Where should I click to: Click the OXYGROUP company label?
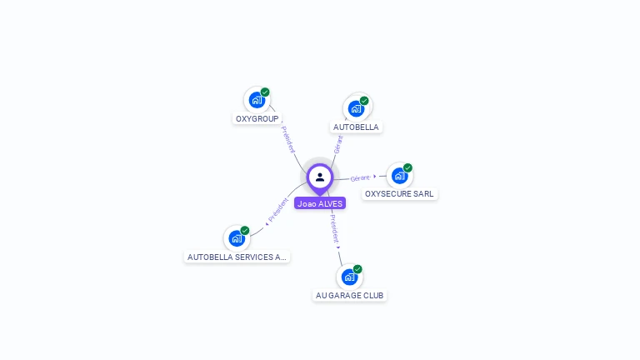click(257, 119)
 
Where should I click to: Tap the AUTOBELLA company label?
click(356, 127)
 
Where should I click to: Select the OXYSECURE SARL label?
click(400, 194)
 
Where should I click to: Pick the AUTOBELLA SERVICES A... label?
click(237, 257)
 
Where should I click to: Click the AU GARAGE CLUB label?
click(350, 296)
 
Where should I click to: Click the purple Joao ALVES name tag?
click(320, 203)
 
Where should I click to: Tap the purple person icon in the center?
click(320, 177)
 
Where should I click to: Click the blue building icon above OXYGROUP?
click(256, 100)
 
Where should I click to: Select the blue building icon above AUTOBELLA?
click(356, 108)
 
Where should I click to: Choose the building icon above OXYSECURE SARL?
click(399, 176)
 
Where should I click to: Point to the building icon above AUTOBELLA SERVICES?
click(237, 238)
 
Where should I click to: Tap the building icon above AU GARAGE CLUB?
click(349, 277)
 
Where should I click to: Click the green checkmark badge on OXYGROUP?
click(265, 92)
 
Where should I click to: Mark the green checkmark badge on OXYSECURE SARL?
click(407, 167)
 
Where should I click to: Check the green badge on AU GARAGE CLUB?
click(357, 269)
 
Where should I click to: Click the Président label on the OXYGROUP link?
click(287, 139)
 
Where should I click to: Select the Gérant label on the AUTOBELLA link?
click(337, 143)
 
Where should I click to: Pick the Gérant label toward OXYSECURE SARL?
click(360, 178)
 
